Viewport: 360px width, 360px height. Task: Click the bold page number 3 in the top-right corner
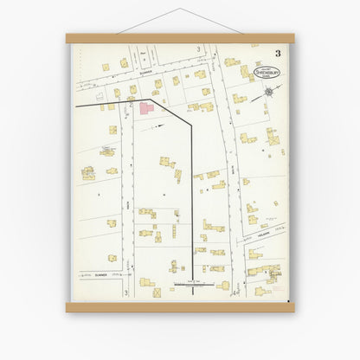pyautogui.click(x=279, y=54)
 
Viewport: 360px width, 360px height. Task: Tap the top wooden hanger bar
pyautogui.click(x=179, y=39)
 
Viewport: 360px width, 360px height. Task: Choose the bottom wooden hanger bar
pyautogui.click(x=179, y=306)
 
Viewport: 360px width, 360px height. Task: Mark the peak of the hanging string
pyautogui.click(x=179, y=10)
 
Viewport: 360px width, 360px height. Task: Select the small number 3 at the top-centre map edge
pyautogui.click(x=197, y=49)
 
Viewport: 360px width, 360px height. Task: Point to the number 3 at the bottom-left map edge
pyautogui.click(x=125, y=293)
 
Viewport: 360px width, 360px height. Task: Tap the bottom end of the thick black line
pyautogui.click(x=191, y=292)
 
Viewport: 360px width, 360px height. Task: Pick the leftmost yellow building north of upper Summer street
pyautogui.click(x=106, y=67)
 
